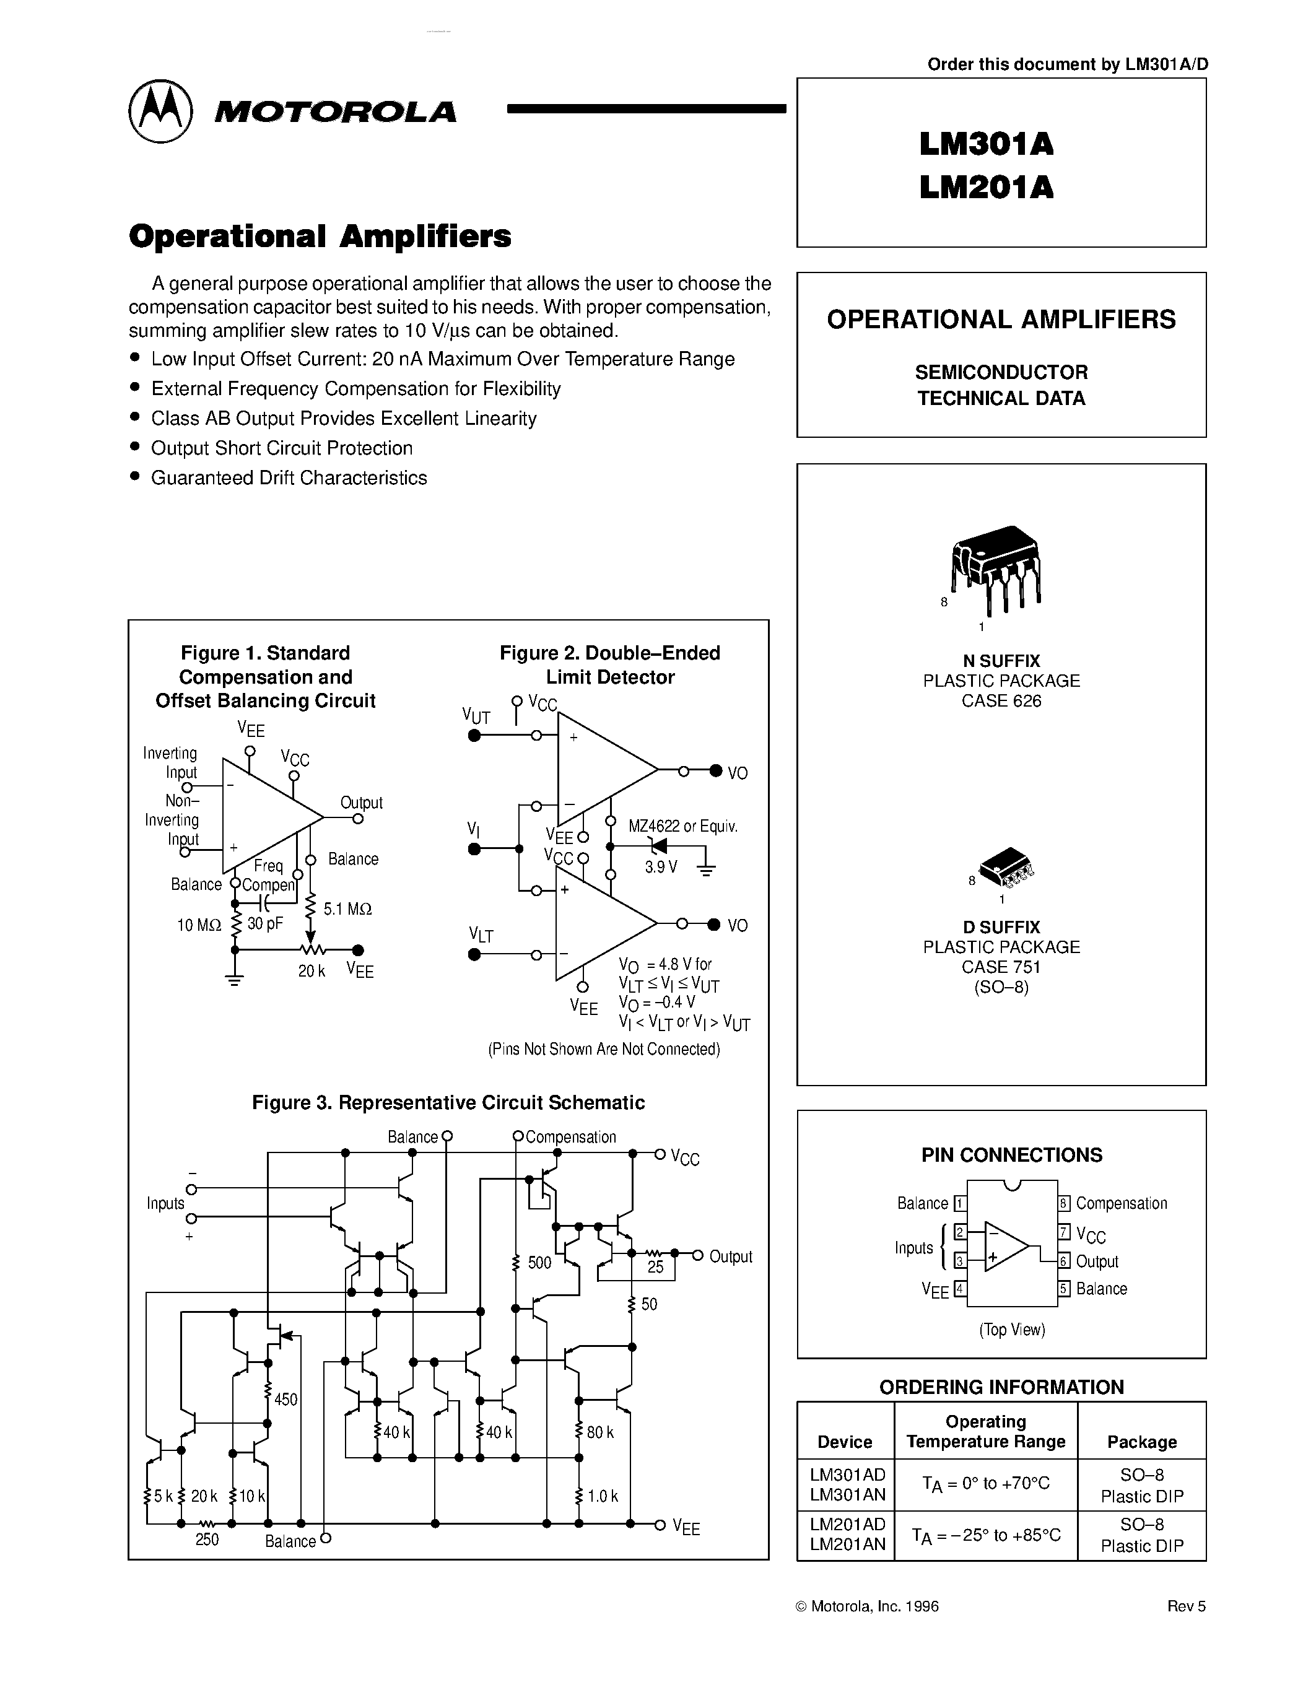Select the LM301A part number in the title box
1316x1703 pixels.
point(985,144)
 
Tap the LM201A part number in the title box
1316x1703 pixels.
point(985,187)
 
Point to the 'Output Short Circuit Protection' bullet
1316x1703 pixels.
point(281,448)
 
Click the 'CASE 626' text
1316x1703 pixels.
point(1001,700)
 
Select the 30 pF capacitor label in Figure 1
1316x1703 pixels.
point(264,924)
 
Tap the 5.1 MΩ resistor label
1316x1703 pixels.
point(347,908)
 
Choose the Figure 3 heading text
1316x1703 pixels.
point(448,1102)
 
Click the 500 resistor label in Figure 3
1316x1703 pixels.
point(539,1263)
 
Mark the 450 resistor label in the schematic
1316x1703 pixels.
point(285,1400)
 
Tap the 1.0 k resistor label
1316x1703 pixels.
point(603,1496)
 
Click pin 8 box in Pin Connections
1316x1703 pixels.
point(1063,1203)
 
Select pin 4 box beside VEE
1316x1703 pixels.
point(961,1288)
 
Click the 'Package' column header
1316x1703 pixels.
point(1141,1442)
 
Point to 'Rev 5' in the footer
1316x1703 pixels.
point(1186,1606)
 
